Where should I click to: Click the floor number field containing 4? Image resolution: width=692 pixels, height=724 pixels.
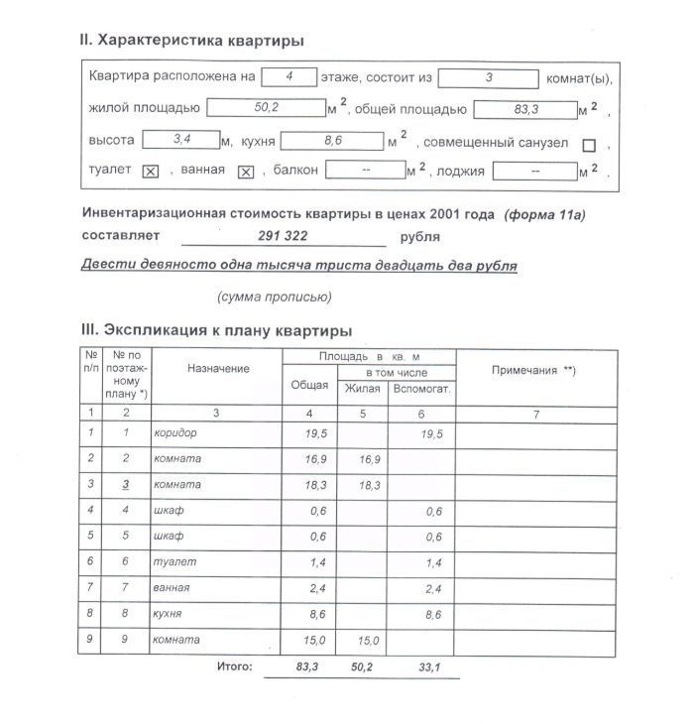[x=288, y=76]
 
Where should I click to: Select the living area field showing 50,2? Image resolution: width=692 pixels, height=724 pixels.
[x=265, y=108]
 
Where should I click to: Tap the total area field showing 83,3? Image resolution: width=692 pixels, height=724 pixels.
[x=525, y=109]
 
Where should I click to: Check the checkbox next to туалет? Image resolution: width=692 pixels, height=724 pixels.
[x=151, y=172]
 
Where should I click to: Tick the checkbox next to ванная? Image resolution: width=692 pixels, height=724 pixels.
[x=246, y=172]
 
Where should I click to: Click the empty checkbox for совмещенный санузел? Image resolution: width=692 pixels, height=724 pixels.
[x=589, y=145]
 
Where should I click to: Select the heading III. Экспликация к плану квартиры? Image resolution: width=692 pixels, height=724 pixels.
[x=215, y=330]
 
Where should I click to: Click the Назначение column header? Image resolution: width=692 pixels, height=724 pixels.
[x=218, y=369]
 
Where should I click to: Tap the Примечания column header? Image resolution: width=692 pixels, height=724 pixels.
[x=534, y=370]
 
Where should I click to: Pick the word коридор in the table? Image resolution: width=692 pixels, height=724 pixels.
[x=175, y=433]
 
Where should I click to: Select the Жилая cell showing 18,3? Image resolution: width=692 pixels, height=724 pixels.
[x=369, y=485]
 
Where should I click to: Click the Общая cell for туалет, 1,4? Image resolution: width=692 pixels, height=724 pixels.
[x=315, y=562]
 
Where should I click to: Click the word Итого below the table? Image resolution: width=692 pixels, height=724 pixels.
[x=235, y=666]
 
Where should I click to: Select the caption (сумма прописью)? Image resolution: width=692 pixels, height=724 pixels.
[x=274, y=297]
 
